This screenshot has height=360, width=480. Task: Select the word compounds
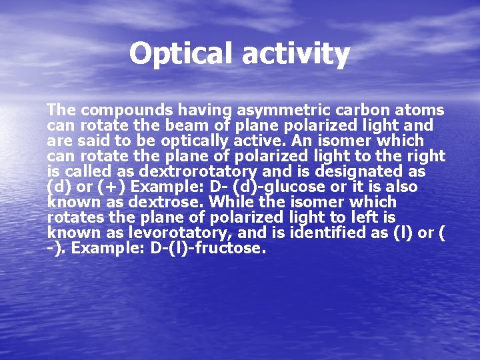tap(127, 110)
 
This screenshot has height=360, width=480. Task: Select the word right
tap(425, 156)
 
